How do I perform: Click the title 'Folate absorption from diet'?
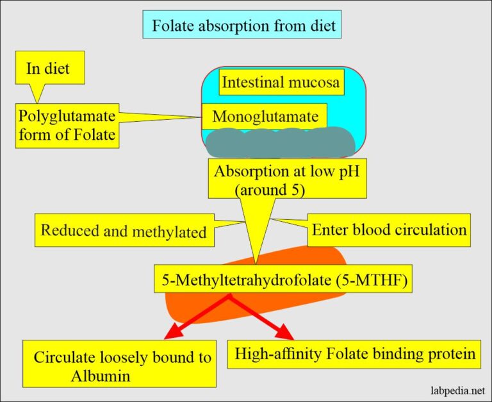(243, 27)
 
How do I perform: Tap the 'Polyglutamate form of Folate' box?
(67, 126)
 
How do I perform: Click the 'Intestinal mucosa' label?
(280, 82)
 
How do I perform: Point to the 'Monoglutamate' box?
(265, 117)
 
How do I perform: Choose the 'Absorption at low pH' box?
(286, 180)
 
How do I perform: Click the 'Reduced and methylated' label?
(124, 231)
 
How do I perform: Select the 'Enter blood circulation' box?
(389, 230)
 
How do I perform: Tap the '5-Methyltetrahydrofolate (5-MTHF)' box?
(283, 280)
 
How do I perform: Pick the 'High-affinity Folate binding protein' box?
(354, 353)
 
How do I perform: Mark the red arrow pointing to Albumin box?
(196, 316)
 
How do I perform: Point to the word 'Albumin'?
(101, 375)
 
